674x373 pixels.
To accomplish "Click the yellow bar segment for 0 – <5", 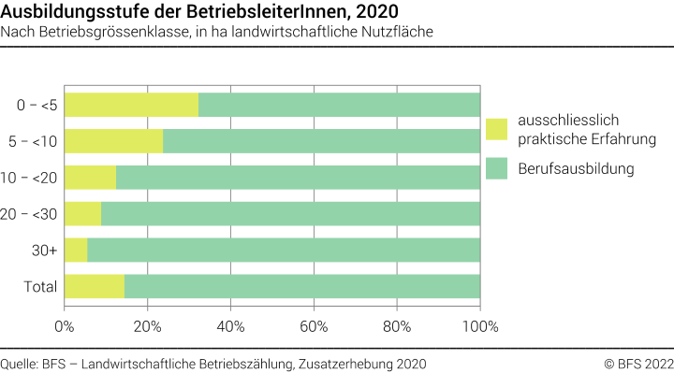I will click(131, 105).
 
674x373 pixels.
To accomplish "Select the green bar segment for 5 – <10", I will click(321, 141).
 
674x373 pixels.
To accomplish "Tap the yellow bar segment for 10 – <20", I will click(90, 178).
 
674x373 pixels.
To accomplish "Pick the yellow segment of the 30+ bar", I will click(76, 250).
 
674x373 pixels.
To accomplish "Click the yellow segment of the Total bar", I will click(94, 286).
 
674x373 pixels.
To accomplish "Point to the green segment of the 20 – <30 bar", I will click(290, 214).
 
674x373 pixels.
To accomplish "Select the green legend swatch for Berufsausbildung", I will click(496, 169).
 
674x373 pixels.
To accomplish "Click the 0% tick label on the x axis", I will click(65, 326).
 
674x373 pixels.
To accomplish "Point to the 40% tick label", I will click(230, 326).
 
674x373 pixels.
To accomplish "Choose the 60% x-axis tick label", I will click(314, 326).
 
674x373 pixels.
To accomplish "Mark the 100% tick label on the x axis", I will click(479, 326).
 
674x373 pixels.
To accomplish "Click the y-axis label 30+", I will click(45, 251).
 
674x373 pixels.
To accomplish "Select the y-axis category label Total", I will click(41, 286).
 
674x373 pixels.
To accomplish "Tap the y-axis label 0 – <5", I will click(37, 106).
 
